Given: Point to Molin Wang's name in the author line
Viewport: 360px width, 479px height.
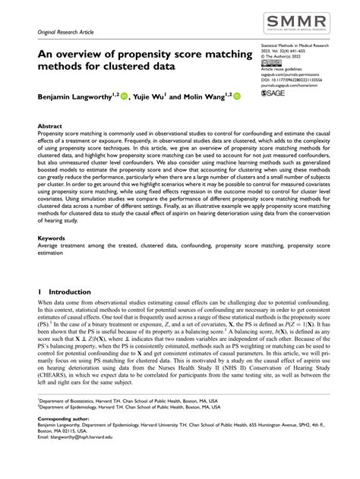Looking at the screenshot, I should coord(204,97).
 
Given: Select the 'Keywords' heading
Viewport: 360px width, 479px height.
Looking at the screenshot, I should coord(52,238).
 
